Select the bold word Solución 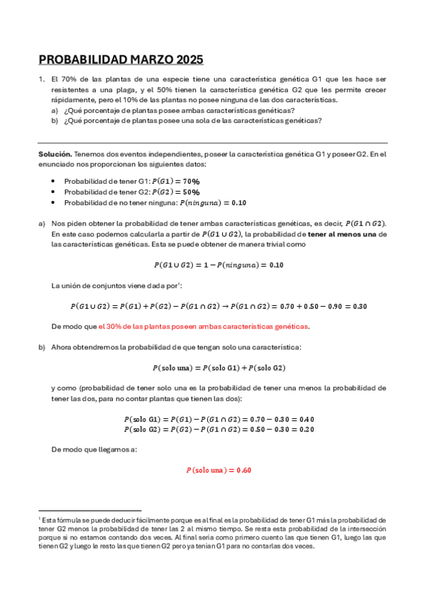pos(55,154)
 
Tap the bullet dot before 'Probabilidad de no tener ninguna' pos(55,202)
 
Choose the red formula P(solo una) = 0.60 pos(219,470)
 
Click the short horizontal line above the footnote pos(90,510)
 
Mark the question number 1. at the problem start pos(42,80)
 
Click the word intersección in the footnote pos(365,530)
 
